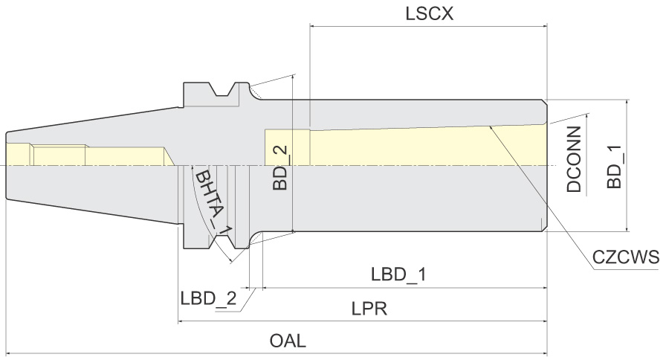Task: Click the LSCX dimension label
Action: tap(429, 13)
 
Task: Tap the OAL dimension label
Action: tap(288, 341)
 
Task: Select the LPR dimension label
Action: tap(369, 309)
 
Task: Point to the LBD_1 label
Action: tap(398, 274)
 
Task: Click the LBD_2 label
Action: tap(208, 298)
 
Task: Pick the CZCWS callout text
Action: tap(625, 257)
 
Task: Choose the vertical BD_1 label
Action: tap(615, 167)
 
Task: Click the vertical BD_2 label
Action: tap(280, 168)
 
